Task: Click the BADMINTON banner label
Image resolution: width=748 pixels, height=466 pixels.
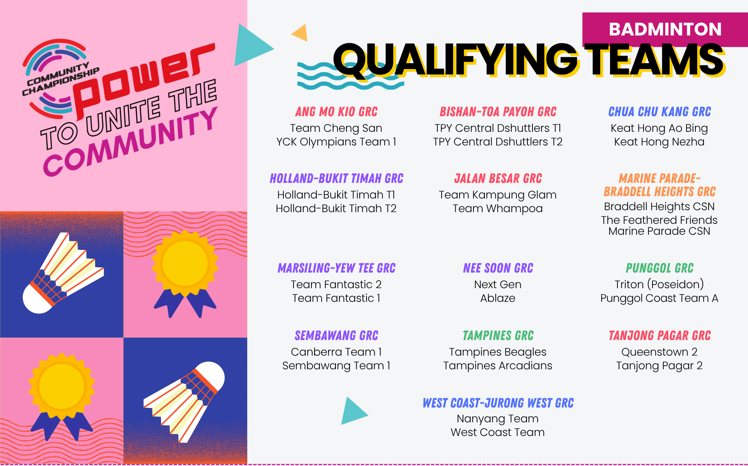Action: click(x=665, y=29)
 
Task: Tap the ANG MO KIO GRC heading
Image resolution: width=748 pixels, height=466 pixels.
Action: click(x=336, y=112)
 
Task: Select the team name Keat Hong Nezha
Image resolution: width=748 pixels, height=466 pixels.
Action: click(x=659, y=142)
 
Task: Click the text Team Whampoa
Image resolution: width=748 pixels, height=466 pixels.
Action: click(x=497, y=208)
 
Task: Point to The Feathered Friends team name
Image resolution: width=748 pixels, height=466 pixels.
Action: click(x=659, y=220)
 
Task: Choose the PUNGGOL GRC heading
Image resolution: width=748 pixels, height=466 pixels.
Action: click(x=660, y=268)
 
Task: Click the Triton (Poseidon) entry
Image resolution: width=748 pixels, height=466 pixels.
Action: click(x=659, y=284)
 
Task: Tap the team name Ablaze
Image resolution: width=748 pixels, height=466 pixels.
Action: click(x=497, y=298)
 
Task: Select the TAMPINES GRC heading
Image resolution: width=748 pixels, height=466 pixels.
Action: click(x=498, y=336)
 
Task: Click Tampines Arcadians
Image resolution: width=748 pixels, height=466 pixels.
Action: click(x=497, y=365)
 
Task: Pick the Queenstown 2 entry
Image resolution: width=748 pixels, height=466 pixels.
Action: click(x=659, y=352)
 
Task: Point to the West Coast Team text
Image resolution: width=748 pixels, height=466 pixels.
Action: click(x=497, y=432)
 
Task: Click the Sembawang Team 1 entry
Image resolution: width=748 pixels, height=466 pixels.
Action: click(x=336, y=365)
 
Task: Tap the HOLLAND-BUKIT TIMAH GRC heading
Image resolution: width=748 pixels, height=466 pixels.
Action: click(x=336, y=179)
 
